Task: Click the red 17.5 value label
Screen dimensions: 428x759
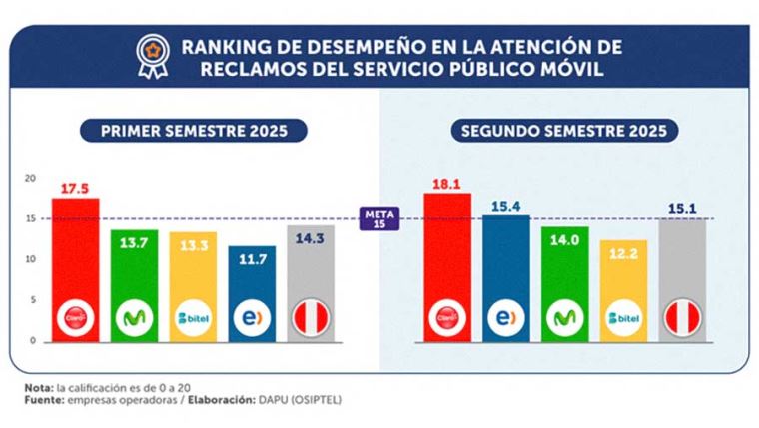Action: pyautogui.click(x=75, y=187)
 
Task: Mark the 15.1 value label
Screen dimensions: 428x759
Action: pyautogui.click(x=682, y=208)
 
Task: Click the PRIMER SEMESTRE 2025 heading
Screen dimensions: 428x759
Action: pyautogui.click(x=194, y=131)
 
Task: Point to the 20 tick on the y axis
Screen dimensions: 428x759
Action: pyautogui.click(x=30, y=178)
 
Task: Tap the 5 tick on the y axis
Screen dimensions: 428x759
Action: pyautogui.click(x=32, y=299)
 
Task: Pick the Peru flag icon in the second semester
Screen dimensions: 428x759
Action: pyautogui.click(x=682, y=318)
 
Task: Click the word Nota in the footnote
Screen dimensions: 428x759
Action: pyautogui.click(x=37, y=387)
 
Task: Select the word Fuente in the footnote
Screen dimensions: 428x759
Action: pyautogui.click(x=42, y=400)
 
